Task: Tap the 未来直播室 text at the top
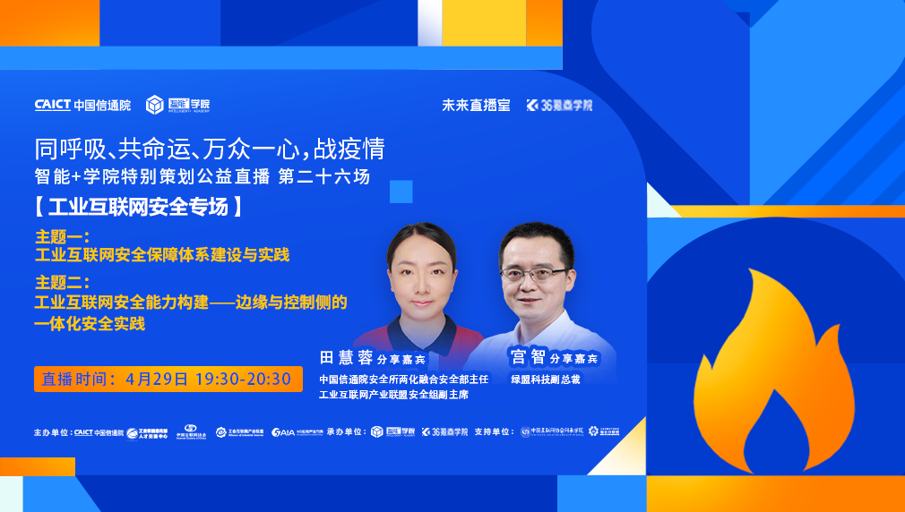click(x=476, y=105)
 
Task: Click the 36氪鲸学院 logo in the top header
click(x=560, y=105)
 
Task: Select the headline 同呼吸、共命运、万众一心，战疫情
click(x=210, y=148)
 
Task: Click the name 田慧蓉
click(x=345, y=358)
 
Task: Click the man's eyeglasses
click(x=534, y=272)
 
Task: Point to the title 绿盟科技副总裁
click(x=546, y=380)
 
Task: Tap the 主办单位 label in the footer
click(x=52, y=432)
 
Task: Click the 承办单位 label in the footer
click(x=347, y=432)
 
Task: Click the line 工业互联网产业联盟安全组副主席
click(x=393, y=395)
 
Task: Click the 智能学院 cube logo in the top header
click(x=177, y=105)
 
